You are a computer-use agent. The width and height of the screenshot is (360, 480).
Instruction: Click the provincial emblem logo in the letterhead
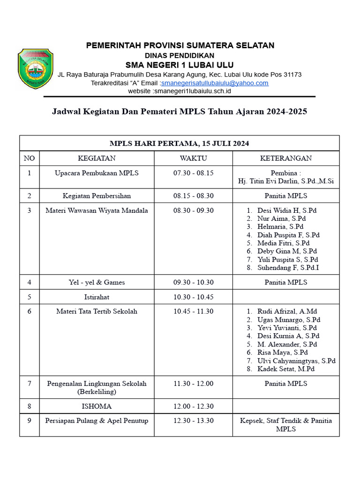coord(35,68)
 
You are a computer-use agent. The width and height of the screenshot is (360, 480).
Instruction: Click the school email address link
coord(215,83)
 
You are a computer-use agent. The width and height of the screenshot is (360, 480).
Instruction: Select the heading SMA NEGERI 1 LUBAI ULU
coord(180,65)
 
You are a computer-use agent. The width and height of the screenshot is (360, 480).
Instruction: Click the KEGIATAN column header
coord(97,158)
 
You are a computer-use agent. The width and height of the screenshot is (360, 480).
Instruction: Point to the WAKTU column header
coord(193,158)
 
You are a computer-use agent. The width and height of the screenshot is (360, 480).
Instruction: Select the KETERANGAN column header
coord(286,158)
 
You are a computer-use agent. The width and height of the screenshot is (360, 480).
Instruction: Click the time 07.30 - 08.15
coord(193,173)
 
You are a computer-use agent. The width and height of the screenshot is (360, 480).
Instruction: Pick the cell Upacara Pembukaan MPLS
coord(97,173)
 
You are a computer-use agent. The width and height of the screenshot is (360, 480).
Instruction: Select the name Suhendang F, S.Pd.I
coord(288,268)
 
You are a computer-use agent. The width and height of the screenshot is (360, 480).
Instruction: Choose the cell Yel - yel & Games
coord(97,282)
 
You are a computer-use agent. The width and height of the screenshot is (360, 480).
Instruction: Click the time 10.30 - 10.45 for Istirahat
coord(193,297)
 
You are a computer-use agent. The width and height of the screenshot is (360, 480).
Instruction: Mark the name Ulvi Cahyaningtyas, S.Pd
coord(296,360)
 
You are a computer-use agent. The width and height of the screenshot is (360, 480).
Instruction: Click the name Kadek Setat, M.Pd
coord(286,369)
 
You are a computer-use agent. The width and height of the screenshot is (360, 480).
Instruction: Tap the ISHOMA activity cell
coord(97,406)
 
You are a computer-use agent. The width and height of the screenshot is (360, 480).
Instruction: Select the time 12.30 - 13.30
coord(193,420)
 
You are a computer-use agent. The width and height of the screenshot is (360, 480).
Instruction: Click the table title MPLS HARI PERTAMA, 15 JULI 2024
coord(179,143)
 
